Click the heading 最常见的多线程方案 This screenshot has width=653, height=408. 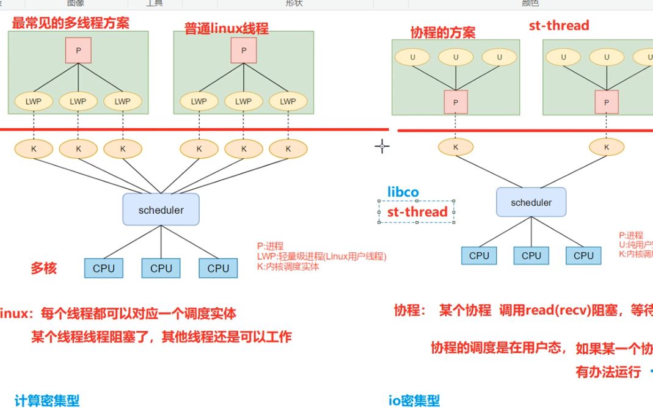click(x=70, y=23)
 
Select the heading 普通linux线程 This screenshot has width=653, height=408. click(x=227, y=29)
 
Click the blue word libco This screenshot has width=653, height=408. click(x=403, y=192)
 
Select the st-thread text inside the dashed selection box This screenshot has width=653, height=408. click(x=417, y=212)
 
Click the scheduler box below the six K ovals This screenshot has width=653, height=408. click(x=161, y=210)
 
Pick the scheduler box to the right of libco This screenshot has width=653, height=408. click(x=531, y=202)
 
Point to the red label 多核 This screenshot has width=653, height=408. click(x=44, y=268)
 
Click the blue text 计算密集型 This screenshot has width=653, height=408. click(x=47, y=401)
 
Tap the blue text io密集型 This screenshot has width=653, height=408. click(x=414, y=401)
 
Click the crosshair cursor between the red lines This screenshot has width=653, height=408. click(x=382, y=146)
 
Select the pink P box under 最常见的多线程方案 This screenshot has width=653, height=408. click(x=78, y=51)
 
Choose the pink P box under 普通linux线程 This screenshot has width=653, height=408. click(x=244, y=51)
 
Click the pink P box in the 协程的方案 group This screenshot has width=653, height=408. click(x=455, y=102)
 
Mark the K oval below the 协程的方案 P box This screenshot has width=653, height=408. click(x=455, y=147)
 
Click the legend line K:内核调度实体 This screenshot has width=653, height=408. click(x=288, y=266)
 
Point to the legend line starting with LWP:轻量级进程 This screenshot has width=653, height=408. click(x=321, y=257)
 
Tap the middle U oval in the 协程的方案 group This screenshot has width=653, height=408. click(x=455, y=57)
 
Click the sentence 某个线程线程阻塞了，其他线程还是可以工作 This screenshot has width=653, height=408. click(x=161, y=337)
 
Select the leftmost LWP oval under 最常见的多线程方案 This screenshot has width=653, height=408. click(x=34, y=101)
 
